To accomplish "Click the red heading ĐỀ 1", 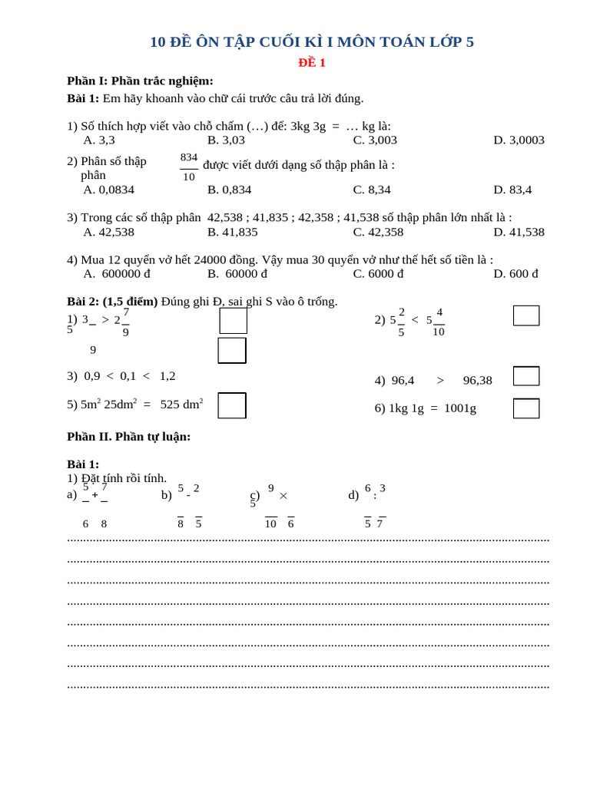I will pyautogui.click(x=312, y=63).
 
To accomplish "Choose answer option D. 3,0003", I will pyautogui.click(x=519, y=140).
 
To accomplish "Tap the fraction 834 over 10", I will pyautogui.click(x=189, y=167).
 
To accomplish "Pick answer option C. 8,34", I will pyautogui.click(x=372, y=190).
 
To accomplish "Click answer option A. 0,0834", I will pyautogui.click(x=108, y=190).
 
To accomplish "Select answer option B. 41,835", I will pyautogui.click(x=232, y=232).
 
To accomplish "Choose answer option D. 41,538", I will pyautogui.click(x=519, y=232).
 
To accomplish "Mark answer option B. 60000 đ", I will pyautogui.click(x=237, y=274).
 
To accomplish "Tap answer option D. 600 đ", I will pyautogui.click(x=515, y=274).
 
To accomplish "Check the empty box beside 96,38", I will pyautogui.click(x=526, y=376).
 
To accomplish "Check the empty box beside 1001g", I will pyautogui.click(x=526, y=408).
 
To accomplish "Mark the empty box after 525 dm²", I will pyautogui.click(x=232, y=405).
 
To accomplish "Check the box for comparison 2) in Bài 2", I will pyautogui.click(x=526, y=315).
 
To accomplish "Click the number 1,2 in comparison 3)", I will pyautogui.click(x=167, y=376).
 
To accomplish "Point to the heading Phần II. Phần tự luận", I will pyautogui.click(x=128, y=437).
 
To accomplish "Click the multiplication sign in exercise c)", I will pyautogui.click(x=283, y=496).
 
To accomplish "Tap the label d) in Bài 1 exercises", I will pyautogui.click(x=353, y=495).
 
